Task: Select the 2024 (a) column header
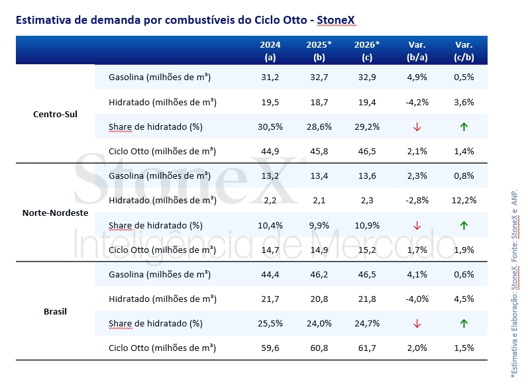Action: click(270, 50)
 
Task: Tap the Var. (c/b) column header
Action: click(464, 50)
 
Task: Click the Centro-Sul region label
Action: click(55, 114)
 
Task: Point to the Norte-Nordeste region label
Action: click(55, 213)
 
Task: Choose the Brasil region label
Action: click(55, 311)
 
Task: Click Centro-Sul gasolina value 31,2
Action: click(270, 77)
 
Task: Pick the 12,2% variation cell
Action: click(464, 201)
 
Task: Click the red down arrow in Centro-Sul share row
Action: click(417, 126)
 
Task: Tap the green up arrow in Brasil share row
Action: click(464, 324)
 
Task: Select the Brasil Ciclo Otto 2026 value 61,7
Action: click(367, 348)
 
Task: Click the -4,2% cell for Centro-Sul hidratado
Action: click(417, 102)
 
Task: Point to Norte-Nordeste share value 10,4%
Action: click(270, 225)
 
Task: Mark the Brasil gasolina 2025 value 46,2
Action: click(319, 274)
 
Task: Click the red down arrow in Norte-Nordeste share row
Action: click(417, 225)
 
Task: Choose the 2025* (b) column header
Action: click(319, 50)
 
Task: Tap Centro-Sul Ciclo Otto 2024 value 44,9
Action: click(270, 151)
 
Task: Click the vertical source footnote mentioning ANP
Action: click(514, 285)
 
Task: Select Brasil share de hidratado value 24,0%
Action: click(319, 324)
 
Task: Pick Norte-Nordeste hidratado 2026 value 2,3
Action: click(367, 201)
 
